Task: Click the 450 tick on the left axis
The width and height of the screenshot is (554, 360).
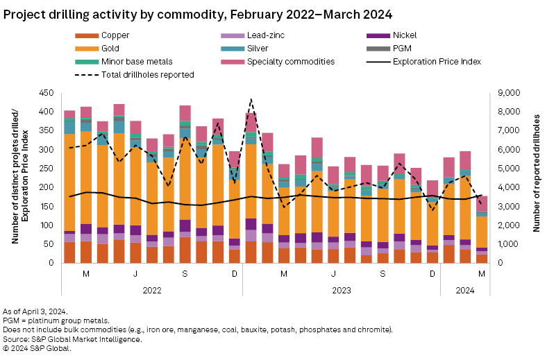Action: click(50, 93)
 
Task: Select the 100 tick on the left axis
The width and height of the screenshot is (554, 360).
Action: click(50, 225)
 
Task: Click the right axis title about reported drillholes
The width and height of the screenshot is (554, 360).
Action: click(537, 178)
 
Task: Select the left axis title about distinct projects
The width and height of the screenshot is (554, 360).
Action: click(19, 178)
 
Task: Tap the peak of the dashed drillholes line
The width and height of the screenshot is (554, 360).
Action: click(251, 100)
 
